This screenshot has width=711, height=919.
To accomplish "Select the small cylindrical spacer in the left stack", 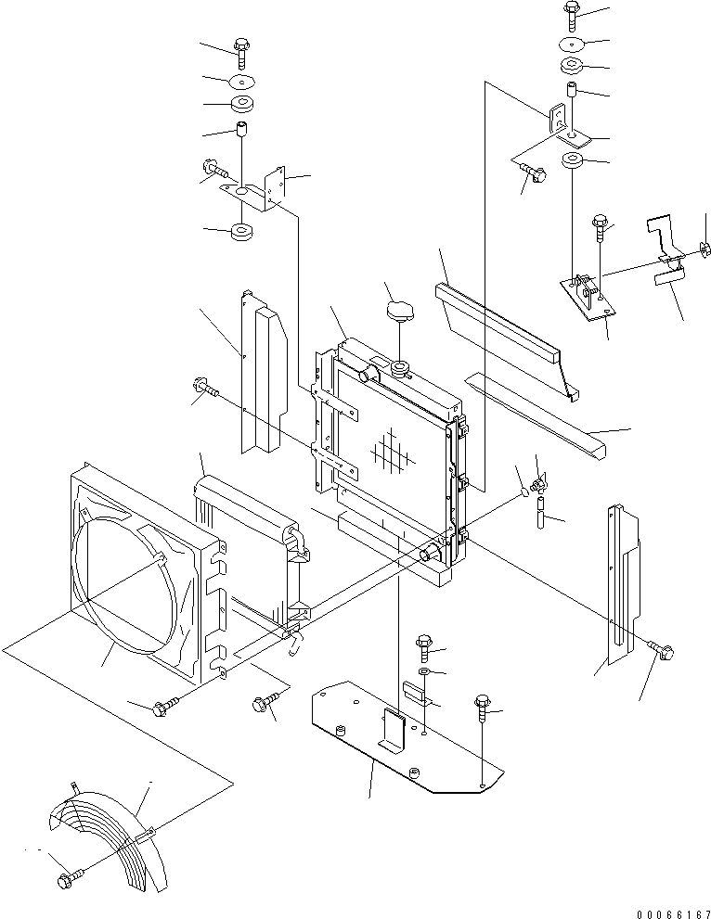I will point(243,129).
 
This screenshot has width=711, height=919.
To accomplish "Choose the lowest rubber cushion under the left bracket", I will point(243,230).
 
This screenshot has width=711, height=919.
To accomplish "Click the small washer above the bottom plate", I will point(423,670).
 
